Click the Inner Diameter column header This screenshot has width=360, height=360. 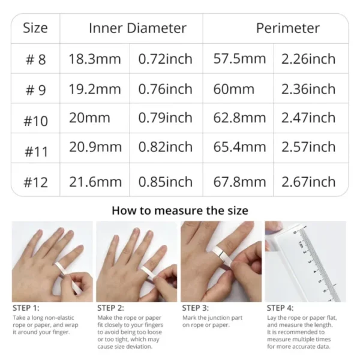pos(137,28)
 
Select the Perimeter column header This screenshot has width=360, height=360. pos(287,28)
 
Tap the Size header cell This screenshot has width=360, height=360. pos(35,28)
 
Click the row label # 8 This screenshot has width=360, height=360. pos(35,59)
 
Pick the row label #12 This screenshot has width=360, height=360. pos(35,181)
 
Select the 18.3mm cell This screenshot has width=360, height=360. pos(95,59)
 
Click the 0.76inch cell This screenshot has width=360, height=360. pos(166,89)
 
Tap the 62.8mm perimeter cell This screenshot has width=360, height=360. pos(239,118)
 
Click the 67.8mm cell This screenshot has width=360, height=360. pos(239,181)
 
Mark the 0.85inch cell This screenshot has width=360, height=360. pos(166,181)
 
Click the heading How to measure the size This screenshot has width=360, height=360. pos(179,211)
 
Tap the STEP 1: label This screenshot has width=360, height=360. pos(27,308)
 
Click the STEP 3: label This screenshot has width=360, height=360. pos(196,308)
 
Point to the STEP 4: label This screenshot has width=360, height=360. pos(281,308)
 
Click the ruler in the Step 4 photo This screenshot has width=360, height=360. pos(318,264)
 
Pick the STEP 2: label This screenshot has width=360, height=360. pos(112,308)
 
